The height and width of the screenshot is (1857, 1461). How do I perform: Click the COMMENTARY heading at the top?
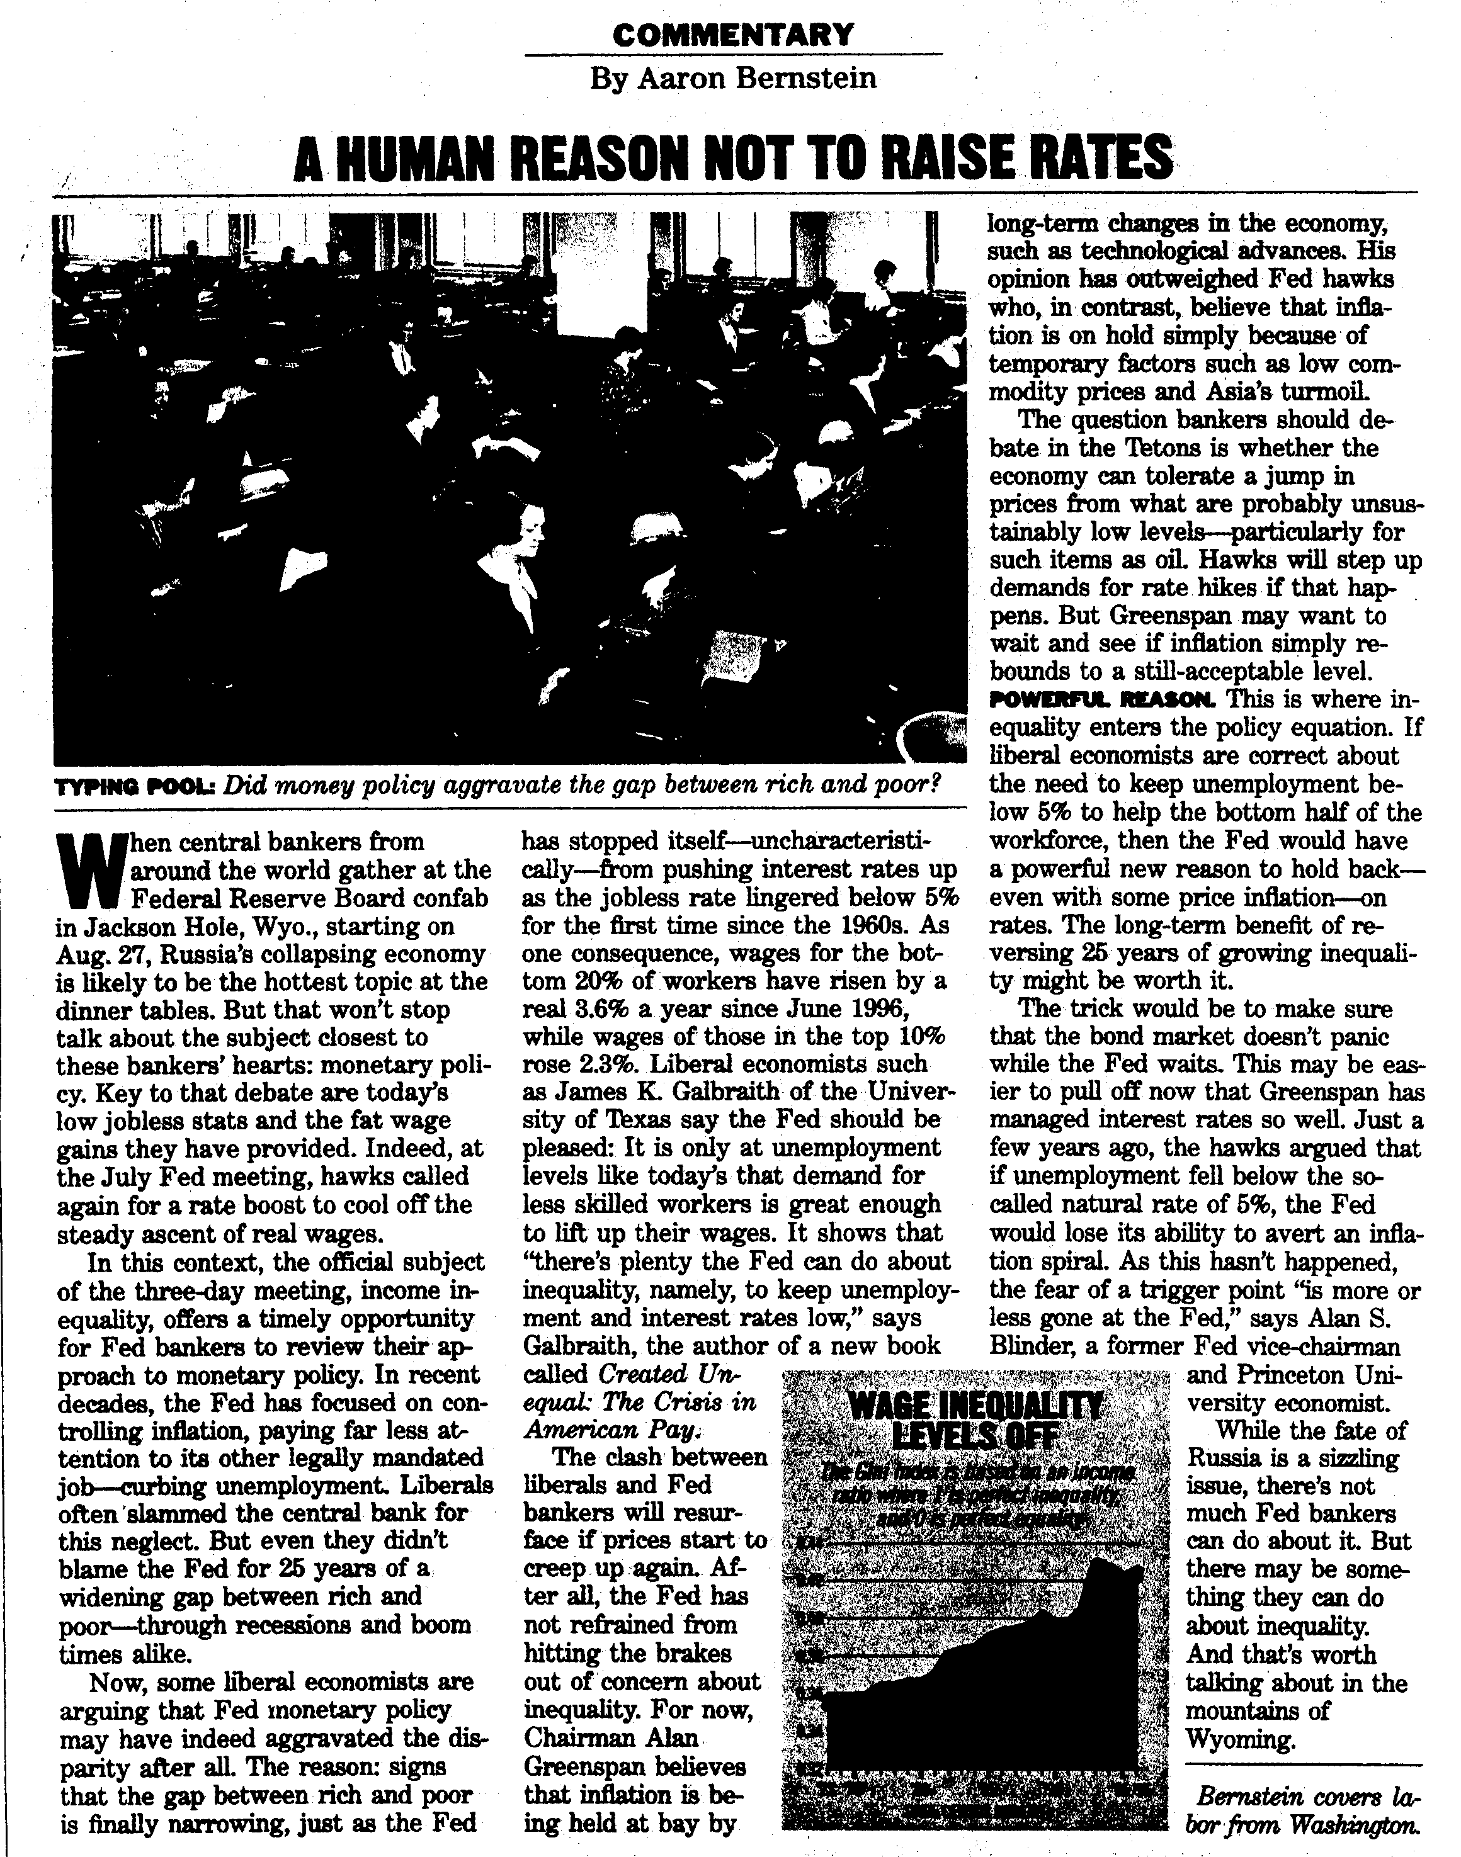(733, 34)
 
